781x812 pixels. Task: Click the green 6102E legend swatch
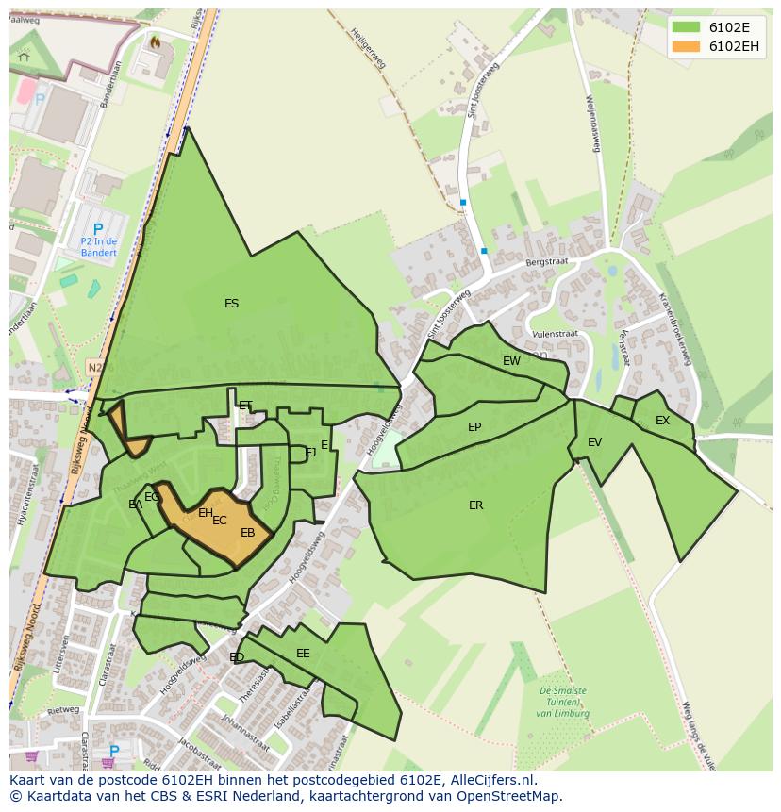tap(686, 27)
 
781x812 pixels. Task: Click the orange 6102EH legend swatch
tap(686, 46)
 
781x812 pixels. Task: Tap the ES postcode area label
tap(231, 304)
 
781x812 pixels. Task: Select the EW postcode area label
tap(511, 361)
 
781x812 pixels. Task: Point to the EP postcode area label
tap(474, 427)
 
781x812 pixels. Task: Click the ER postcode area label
tap(475, 505)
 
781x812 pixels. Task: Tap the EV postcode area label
tap(594, 442)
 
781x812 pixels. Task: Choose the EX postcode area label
tap(662, 421)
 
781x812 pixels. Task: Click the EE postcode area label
tap(303, 654)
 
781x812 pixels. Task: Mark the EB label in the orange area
tap(248, 533)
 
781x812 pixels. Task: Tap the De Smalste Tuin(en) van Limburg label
tap(563, 702)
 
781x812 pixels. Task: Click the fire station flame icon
tap(155, 41)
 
